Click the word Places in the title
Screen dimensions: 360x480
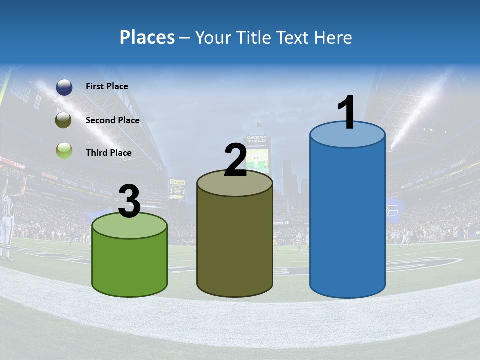point(147,37)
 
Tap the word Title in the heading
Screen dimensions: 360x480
point(252,37)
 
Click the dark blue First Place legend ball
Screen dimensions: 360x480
point(64,87)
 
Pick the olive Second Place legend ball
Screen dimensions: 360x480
point(64,120)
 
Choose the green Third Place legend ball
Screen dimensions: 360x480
point(64,150)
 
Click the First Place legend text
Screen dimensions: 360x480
point(107,86)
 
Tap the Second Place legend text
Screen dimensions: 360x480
point(112,120)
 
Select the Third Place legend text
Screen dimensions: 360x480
point(108,153)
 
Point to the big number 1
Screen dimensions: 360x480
point(347,113)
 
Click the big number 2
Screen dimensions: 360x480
point(235,161)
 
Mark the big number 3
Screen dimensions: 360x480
point(129,202)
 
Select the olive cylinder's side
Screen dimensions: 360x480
point(235,245)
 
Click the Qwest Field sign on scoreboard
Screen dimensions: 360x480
point(256,140)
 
